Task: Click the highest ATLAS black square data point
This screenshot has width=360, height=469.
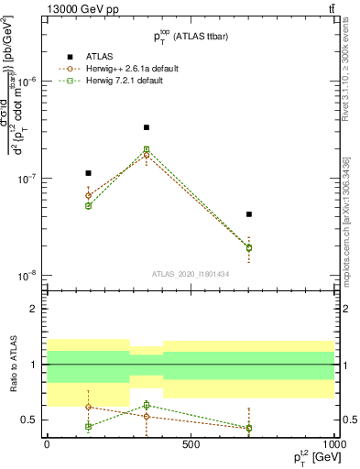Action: tap(147, 127)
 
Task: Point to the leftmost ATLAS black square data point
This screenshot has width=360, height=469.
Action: tap(88, 173)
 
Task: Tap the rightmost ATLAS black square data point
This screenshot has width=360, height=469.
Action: tap(249, 214)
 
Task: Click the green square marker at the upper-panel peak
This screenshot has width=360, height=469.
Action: tap(147, 149)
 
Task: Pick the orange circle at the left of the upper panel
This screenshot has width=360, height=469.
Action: tap(88, 195)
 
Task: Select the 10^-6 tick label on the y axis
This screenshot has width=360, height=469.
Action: tap(27, 82)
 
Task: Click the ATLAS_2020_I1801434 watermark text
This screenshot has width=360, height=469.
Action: tap(191, 274)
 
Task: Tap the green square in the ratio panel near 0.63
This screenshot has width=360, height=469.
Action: tap(147, 405)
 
